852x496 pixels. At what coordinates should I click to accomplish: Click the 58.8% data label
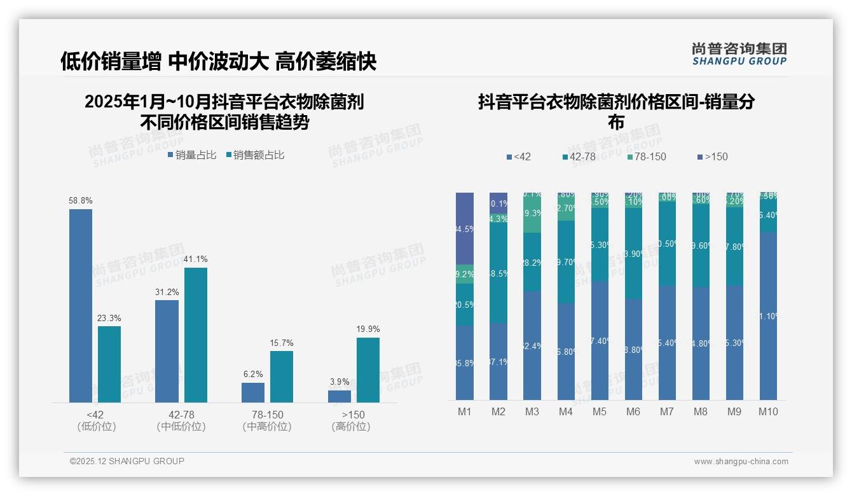81,200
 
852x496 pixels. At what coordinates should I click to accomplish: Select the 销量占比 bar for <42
81,305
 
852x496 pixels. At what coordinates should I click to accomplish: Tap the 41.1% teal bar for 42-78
196,334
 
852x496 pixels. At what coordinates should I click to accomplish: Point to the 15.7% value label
282,343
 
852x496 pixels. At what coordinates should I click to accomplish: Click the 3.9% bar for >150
340,396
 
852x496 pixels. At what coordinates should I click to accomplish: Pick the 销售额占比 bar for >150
368,369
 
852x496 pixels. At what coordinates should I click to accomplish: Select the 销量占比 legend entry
192,155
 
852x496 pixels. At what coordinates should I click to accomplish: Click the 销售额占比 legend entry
255,155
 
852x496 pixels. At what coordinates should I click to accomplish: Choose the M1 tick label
465,411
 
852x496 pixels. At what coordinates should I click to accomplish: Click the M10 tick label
768,411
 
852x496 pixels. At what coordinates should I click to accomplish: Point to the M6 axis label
633,411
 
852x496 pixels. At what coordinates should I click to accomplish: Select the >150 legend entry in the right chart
712,156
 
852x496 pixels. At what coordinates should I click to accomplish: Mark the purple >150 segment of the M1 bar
465,228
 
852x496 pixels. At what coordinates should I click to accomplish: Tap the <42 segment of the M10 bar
768,315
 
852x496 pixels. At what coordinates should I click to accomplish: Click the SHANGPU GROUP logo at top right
739,54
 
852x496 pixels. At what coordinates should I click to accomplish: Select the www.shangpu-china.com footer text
741,462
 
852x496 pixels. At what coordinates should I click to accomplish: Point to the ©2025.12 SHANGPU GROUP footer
127,461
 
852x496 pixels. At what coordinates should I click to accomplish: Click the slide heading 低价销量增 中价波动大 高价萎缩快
218,61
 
